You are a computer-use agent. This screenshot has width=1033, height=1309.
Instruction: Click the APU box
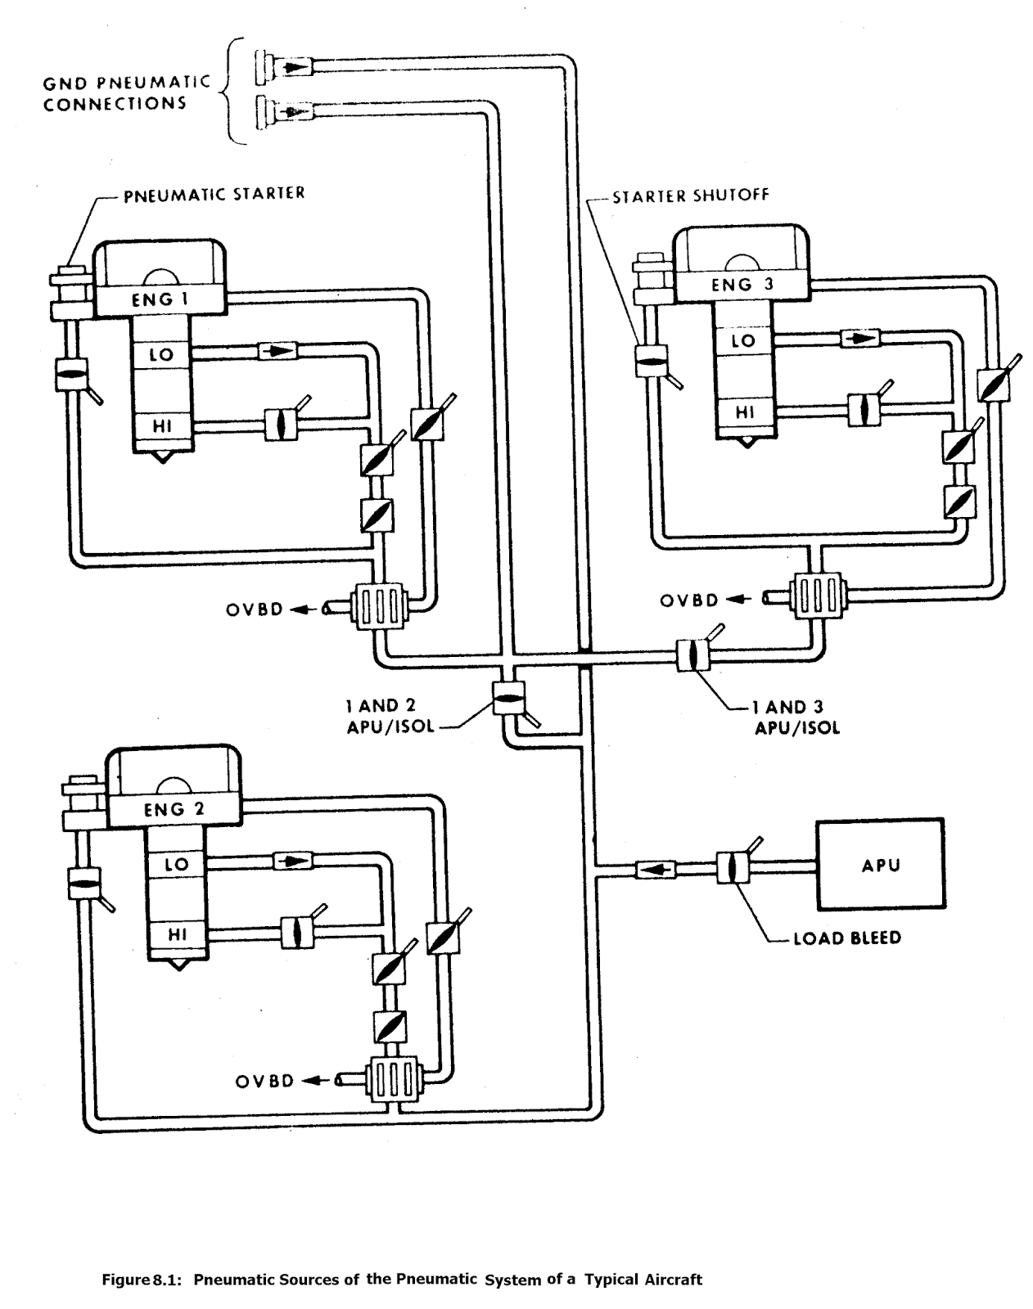coord(881,864)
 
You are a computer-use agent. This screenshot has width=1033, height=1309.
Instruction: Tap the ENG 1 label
coord(160,299)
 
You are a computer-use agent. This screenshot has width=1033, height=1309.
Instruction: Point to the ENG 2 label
coord(174,810)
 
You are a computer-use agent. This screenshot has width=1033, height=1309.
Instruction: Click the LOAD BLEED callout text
coord(846,938)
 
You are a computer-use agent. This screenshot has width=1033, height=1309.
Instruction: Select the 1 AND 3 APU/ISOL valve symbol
coord(692,656)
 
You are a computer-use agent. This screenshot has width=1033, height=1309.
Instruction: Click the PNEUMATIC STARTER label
coord(214,195)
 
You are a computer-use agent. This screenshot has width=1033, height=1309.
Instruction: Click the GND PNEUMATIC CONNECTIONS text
coord(127,93)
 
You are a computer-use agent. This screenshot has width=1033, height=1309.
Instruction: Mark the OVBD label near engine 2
coord(264,1081)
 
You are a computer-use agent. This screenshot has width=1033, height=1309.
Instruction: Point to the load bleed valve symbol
coord(729,866)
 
